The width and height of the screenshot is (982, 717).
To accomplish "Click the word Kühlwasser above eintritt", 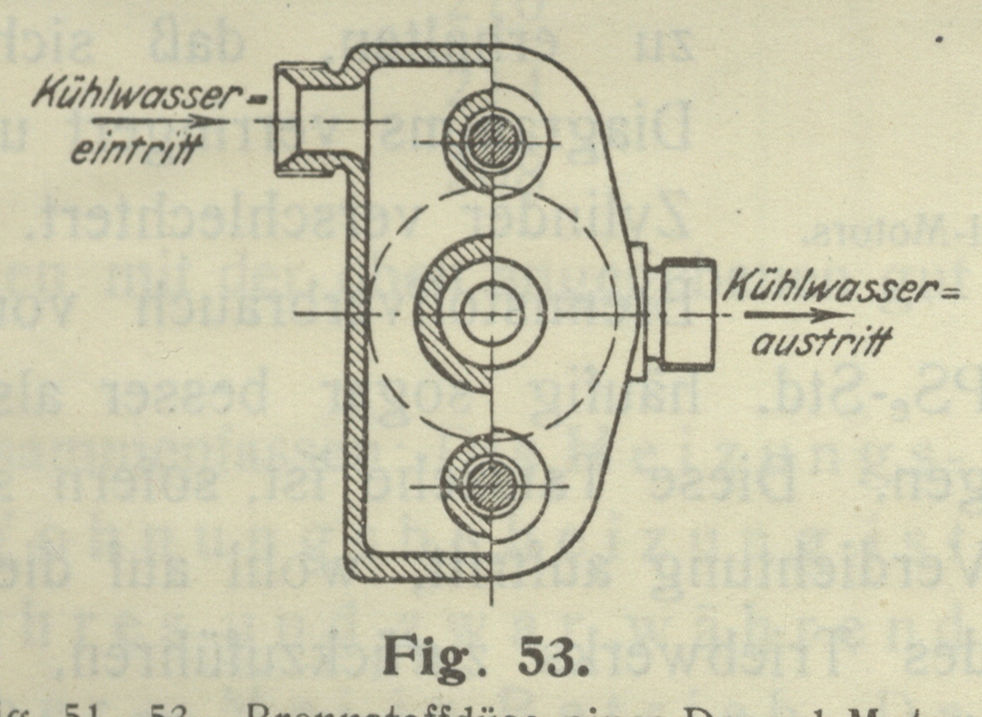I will point(137,96).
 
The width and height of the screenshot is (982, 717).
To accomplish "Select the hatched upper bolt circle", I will point(491,141).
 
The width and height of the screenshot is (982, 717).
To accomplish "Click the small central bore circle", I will point(491,315).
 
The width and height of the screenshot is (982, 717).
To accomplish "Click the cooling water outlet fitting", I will point(679,313).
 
